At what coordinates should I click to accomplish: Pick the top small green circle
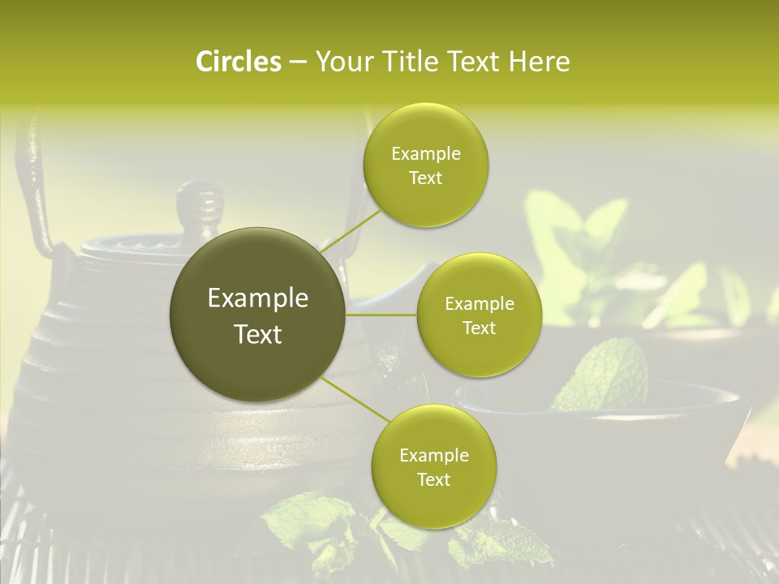pos(425,165)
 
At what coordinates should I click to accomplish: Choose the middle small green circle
pos(479,315)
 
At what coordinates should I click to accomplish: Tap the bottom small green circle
pos(433,466)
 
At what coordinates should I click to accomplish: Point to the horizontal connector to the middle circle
pos(381,315)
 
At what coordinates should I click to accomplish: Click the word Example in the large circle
pos(258,298)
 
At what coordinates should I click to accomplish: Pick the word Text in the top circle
pos(425,178)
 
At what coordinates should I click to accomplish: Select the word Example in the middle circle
pos(479,304)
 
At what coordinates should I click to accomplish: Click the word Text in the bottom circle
pos(433,480)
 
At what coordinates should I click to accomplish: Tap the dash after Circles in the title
pos(297,62)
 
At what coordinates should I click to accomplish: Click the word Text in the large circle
pos(258,334)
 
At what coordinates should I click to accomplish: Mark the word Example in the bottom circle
pos(433,456)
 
